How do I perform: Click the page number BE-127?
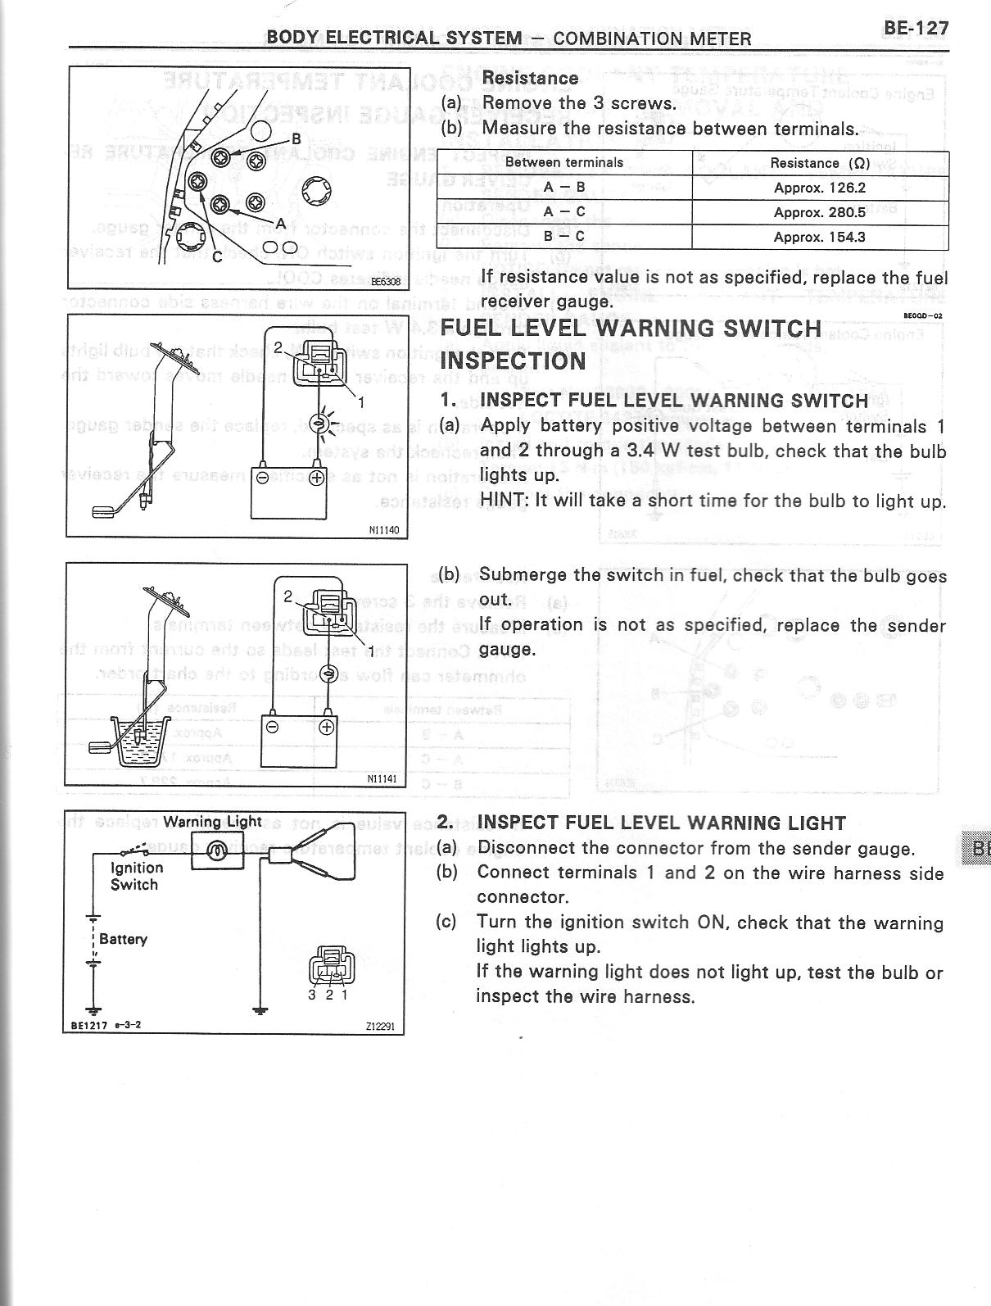pyautogui.click(x=916, y=29)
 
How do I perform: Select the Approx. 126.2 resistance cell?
pyautogui.click(x=819, y=188)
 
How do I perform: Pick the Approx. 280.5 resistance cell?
pyautogui.click(x=819, y=212)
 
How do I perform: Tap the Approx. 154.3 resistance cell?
pyautogui.click(x=819, y=238)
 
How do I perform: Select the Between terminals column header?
pyautogui.click(x=564, y=162)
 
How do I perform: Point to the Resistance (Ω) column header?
pyautogui.click(x=820, y=163)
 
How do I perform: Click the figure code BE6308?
pyautogui.click(x=386, y=281)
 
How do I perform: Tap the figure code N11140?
pyautogui.click(x=384, y=530)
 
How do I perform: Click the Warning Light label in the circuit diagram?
pyautogui.click(x=212, y=822)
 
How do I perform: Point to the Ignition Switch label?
pyautogui.click(x=136, y=876)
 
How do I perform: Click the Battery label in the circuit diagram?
pyautogui.click(x=123, y=939)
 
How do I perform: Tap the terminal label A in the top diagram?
pyautogui.click(x=280, y=223)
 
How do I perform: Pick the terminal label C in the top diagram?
pyautogui.click(x=216, y=257)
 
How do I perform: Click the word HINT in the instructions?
pyautogui.click(x=504, y=501)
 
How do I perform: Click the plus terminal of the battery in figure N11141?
pyautogui.click(x=326, y=728)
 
